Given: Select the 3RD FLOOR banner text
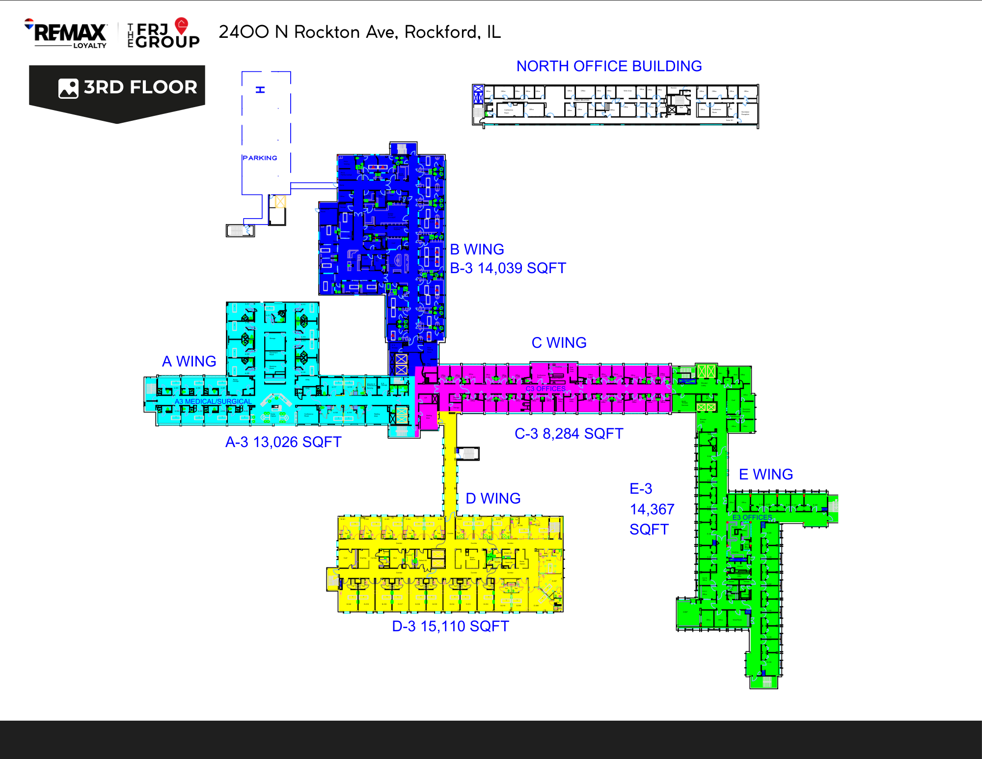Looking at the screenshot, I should tap(140, 87).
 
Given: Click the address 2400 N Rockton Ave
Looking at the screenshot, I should tap(359, 32).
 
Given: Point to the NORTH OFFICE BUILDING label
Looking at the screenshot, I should tap(609, 66).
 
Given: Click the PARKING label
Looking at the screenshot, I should tap(260, 158).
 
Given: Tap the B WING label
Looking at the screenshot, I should tap(477, 249).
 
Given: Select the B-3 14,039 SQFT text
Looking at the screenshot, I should tap(508, 268).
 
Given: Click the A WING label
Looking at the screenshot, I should tap(189, 361).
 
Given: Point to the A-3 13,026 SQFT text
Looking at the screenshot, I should tap(283, 442).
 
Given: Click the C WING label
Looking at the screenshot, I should tap(559, 342).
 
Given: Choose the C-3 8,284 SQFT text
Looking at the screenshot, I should tap(569, 434).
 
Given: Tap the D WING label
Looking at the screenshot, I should tap(493, 498).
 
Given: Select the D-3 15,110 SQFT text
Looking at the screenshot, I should tap(450, 626).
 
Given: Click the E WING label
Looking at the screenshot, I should tap(766, 474).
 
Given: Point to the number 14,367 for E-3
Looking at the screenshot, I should tap(652, 509).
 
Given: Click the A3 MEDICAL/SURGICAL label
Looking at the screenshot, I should tap(213, 401).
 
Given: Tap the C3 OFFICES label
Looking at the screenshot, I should tap(546, 389).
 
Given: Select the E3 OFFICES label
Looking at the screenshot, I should tap(752, 517).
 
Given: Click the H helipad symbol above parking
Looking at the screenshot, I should tap(260, 89).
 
